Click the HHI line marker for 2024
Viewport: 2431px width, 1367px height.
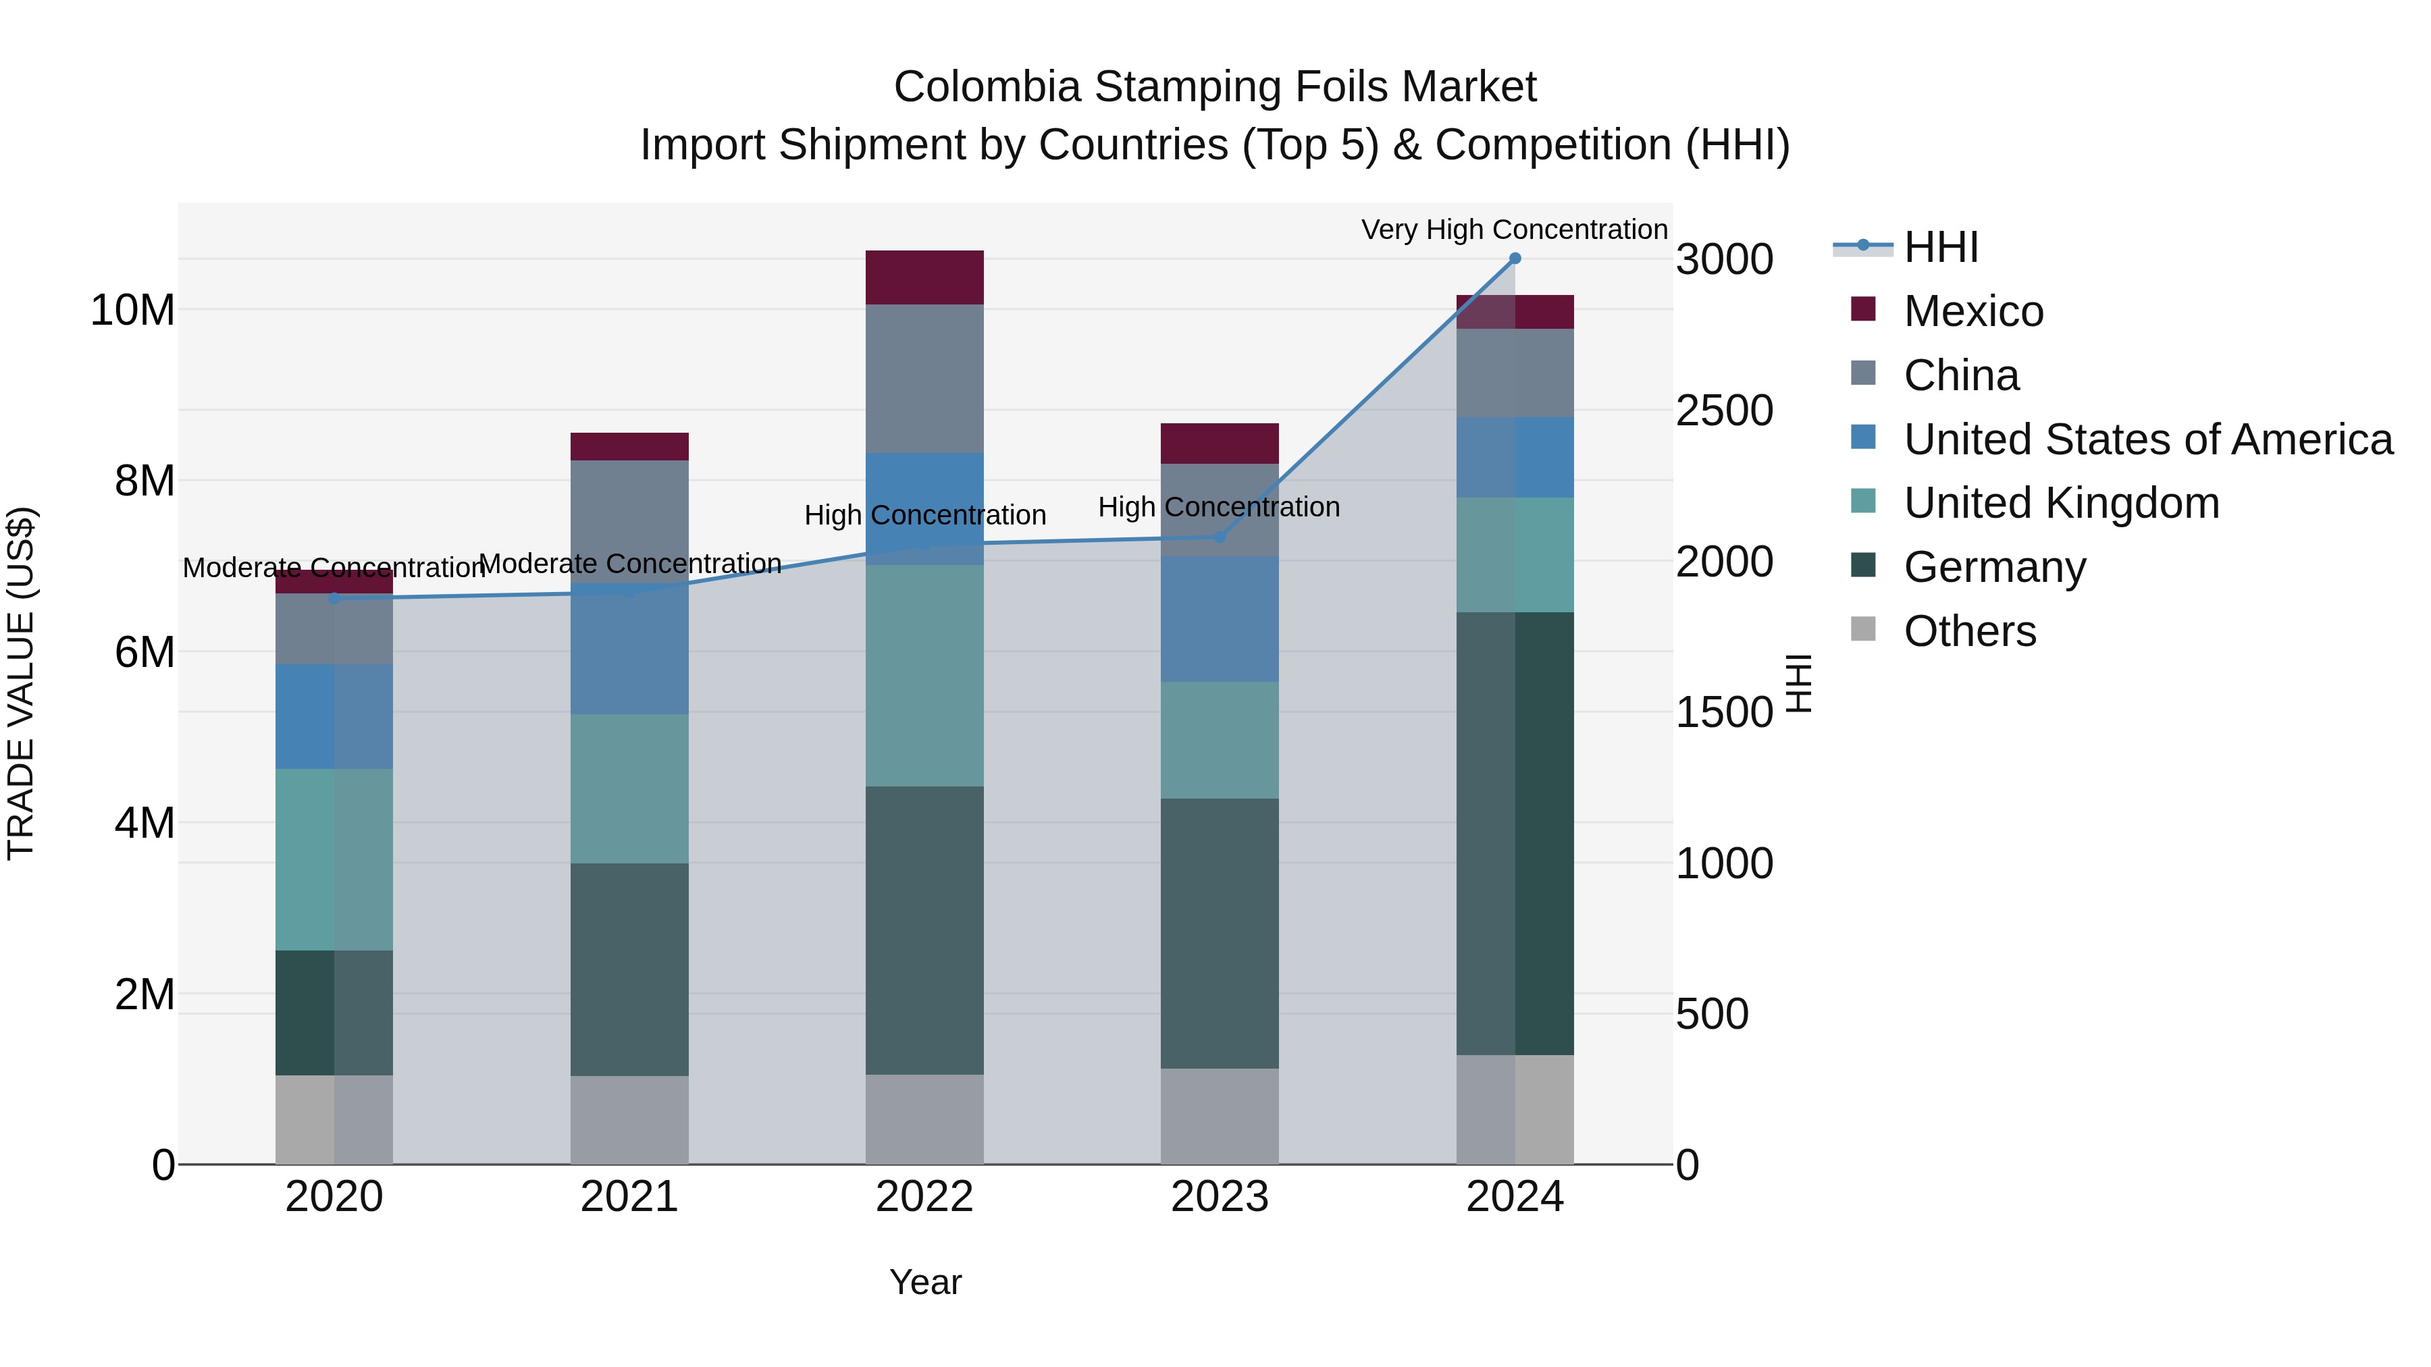coord(1515,259)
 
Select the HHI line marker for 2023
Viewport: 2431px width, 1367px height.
coord(1220,537)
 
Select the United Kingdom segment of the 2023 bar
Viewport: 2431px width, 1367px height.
coord(1220,740)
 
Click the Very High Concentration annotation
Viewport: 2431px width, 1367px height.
coord(1514,230)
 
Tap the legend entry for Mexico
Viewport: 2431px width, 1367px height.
coord(1973,311)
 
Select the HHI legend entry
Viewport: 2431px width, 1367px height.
coord(1940,247)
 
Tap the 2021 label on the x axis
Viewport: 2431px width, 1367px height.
coord(629,1197)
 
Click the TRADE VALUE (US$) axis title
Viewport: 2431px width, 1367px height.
coord(21,683)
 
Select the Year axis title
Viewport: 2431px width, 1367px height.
coord(925,1282)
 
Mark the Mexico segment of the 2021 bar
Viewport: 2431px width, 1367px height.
coord(629,446)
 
